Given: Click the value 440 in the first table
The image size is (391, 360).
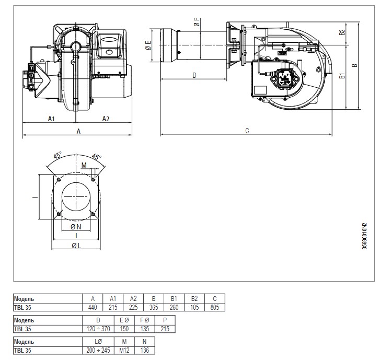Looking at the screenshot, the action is point(93,307).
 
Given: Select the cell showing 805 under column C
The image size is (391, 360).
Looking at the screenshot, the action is point(215,307).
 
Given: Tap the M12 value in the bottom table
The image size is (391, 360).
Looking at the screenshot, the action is point(124,350).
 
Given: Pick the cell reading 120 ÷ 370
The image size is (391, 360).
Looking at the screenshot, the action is point(98,329).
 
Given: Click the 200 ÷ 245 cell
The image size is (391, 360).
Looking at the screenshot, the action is point(98,350).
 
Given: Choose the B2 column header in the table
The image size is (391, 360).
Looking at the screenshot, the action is point(194,299).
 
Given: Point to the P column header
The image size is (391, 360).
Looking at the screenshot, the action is point(165,320).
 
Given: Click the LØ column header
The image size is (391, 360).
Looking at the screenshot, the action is point(98,342).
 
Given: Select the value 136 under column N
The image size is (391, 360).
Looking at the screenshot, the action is point(145,350).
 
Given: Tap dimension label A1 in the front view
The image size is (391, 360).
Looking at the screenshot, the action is point(51,119).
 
